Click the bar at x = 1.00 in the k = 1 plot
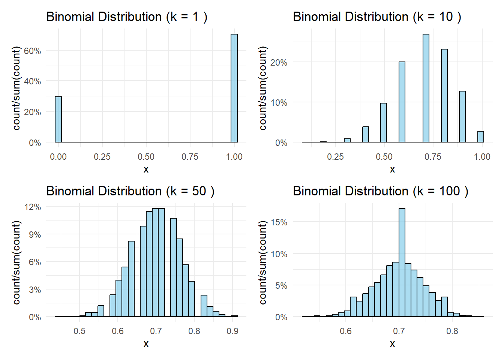tap(234, 88)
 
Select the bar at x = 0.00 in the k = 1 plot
tap(58, 120)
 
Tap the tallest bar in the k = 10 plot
tap(426, 88)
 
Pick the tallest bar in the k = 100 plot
tap(402, 262)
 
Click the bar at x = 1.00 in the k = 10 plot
tap(481, 137)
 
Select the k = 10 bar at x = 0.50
tap(384, 123)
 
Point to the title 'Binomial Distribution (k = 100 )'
tap(380, 191)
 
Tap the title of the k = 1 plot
tap(127, 17)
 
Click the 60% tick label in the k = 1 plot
tap(33, 51)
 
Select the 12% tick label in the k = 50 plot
tap(33, 207)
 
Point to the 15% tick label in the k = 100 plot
tap(279, 222)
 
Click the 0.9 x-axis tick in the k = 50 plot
tap(232, 331)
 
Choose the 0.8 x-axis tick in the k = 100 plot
tap(452, 331)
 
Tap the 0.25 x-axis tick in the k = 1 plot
tap(102, 157)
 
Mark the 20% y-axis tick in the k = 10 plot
tap(279, 63)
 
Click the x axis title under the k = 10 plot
tap(392, 169)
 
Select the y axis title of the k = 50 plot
tap(16, 262)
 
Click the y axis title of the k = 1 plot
tap(16, 88)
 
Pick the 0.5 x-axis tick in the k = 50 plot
tap(79, 331)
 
